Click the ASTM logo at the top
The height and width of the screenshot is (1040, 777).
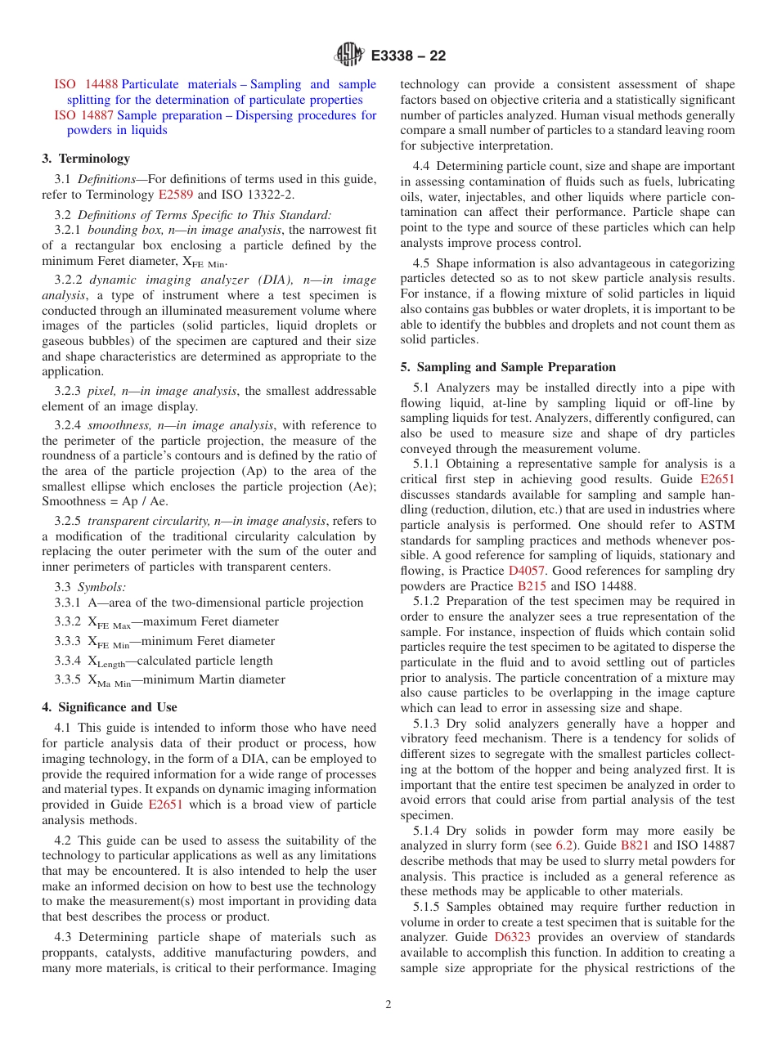coord(349,56)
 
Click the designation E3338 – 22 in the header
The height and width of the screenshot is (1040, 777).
coord(408,56)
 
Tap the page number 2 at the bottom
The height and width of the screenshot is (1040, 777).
coord(388,1005)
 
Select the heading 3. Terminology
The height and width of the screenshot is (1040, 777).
coord(86,159)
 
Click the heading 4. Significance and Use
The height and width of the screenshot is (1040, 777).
coord(109,707)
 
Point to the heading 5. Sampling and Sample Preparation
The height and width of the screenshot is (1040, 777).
coord(508,367)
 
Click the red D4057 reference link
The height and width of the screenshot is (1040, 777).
coord(527,571)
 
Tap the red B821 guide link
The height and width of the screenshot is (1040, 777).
coord(636,846)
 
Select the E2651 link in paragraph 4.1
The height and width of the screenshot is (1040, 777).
coord(165,805)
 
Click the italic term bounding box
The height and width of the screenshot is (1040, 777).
coord(118,231)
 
